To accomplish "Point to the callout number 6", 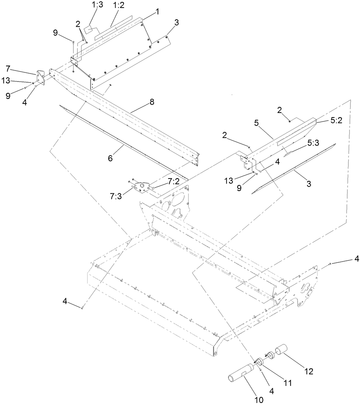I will tap(110, 158).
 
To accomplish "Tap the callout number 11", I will tap(288, 383).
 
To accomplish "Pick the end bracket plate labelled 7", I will tap(41, 78).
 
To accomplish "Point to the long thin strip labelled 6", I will tap(125, 144).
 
